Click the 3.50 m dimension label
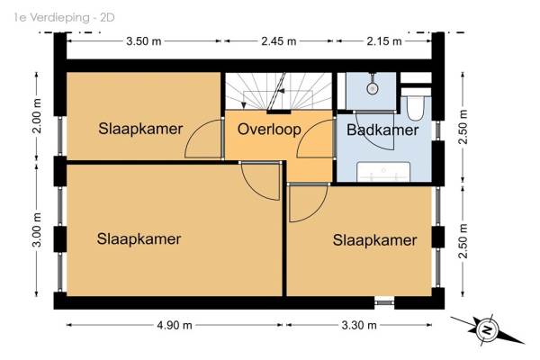coord(144,41)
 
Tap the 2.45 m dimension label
coord(279,41)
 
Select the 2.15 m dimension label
coord(384,41)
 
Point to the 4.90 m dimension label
coord(175,325)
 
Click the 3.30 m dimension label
coord(359,325)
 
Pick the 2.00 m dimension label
coord(37,116)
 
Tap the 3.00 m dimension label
coord(37,229)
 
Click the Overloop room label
coord(269,130)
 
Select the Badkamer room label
coord(382,130)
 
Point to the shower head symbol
coord(372,88)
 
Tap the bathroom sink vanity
coord(383,172)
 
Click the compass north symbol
coord(487,330)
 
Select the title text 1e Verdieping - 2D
coord(65,18)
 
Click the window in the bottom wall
coord(384,302)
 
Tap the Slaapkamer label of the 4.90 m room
coord(139,239)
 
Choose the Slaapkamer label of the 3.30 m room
coord(374,240)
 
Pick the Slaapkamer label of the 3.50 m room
coord(140,129)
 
